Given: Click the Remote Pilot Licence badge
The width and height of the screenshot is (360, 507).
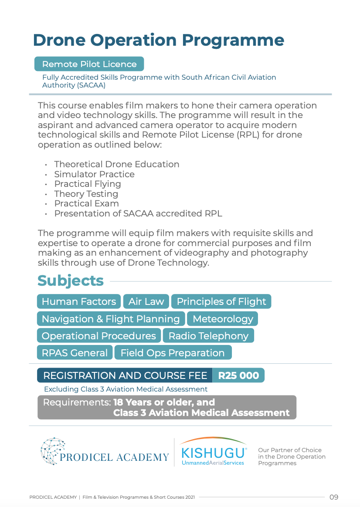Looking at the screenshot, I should click(x=89, y=64).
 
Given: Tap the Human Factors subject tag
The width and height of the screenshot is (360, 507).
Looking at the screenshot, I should click(x=78, y=301).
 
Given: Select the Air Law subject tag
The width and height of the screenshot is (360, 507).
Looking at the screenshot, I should click(x=146, y=301).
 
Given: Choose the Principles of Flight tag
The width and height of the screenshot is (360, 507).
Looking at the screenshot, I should click(x=221, y=301).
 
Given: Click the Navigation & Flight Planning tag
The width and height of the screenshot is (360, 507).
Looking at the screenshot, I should click(x=111, y=319).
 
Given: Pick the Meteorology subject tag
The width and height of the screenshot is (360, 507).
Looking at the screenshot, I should click(x=222, y=319).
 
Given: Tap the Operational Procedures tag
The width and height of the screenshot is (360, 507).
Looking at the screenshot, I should click(x=98, y=336).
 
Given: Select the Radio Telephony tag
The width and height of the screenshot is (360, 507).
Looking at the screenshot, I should click(x=208, y=336).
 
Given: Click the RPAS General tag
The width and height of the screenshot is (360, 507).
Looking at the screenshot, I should click(x=75, y=353).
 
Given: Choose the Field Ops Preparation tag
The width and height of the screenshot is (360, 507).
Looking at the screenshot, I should click(x=173, y=353).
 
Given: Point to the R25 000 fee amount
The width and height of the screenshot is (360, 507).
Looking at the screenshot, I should click(x=238, y=375).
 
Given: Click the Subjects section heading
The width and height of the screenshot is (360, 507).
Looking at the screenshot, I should click(x=71, y=281).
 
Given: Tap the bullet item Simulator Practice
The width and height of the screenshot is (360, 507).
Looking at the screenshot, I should click(x=94, y=174).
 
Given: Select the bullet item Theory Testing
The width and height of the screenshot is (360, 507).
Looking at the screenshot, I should click(x=86, y=194).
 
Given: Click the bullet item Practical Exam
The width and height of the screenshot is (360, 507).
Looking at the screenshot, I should click(x=86, y=203).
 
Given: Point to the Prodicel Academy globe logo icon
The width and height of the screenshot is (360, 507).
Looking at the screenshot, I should click(x=52, y=451).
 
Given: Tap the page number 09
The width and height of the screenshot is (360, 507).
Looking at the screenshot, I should click(x=334, y=497).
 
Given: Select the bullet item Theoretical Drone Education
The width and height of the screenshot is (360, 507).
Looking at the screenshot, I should click(x=116, y=164).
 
